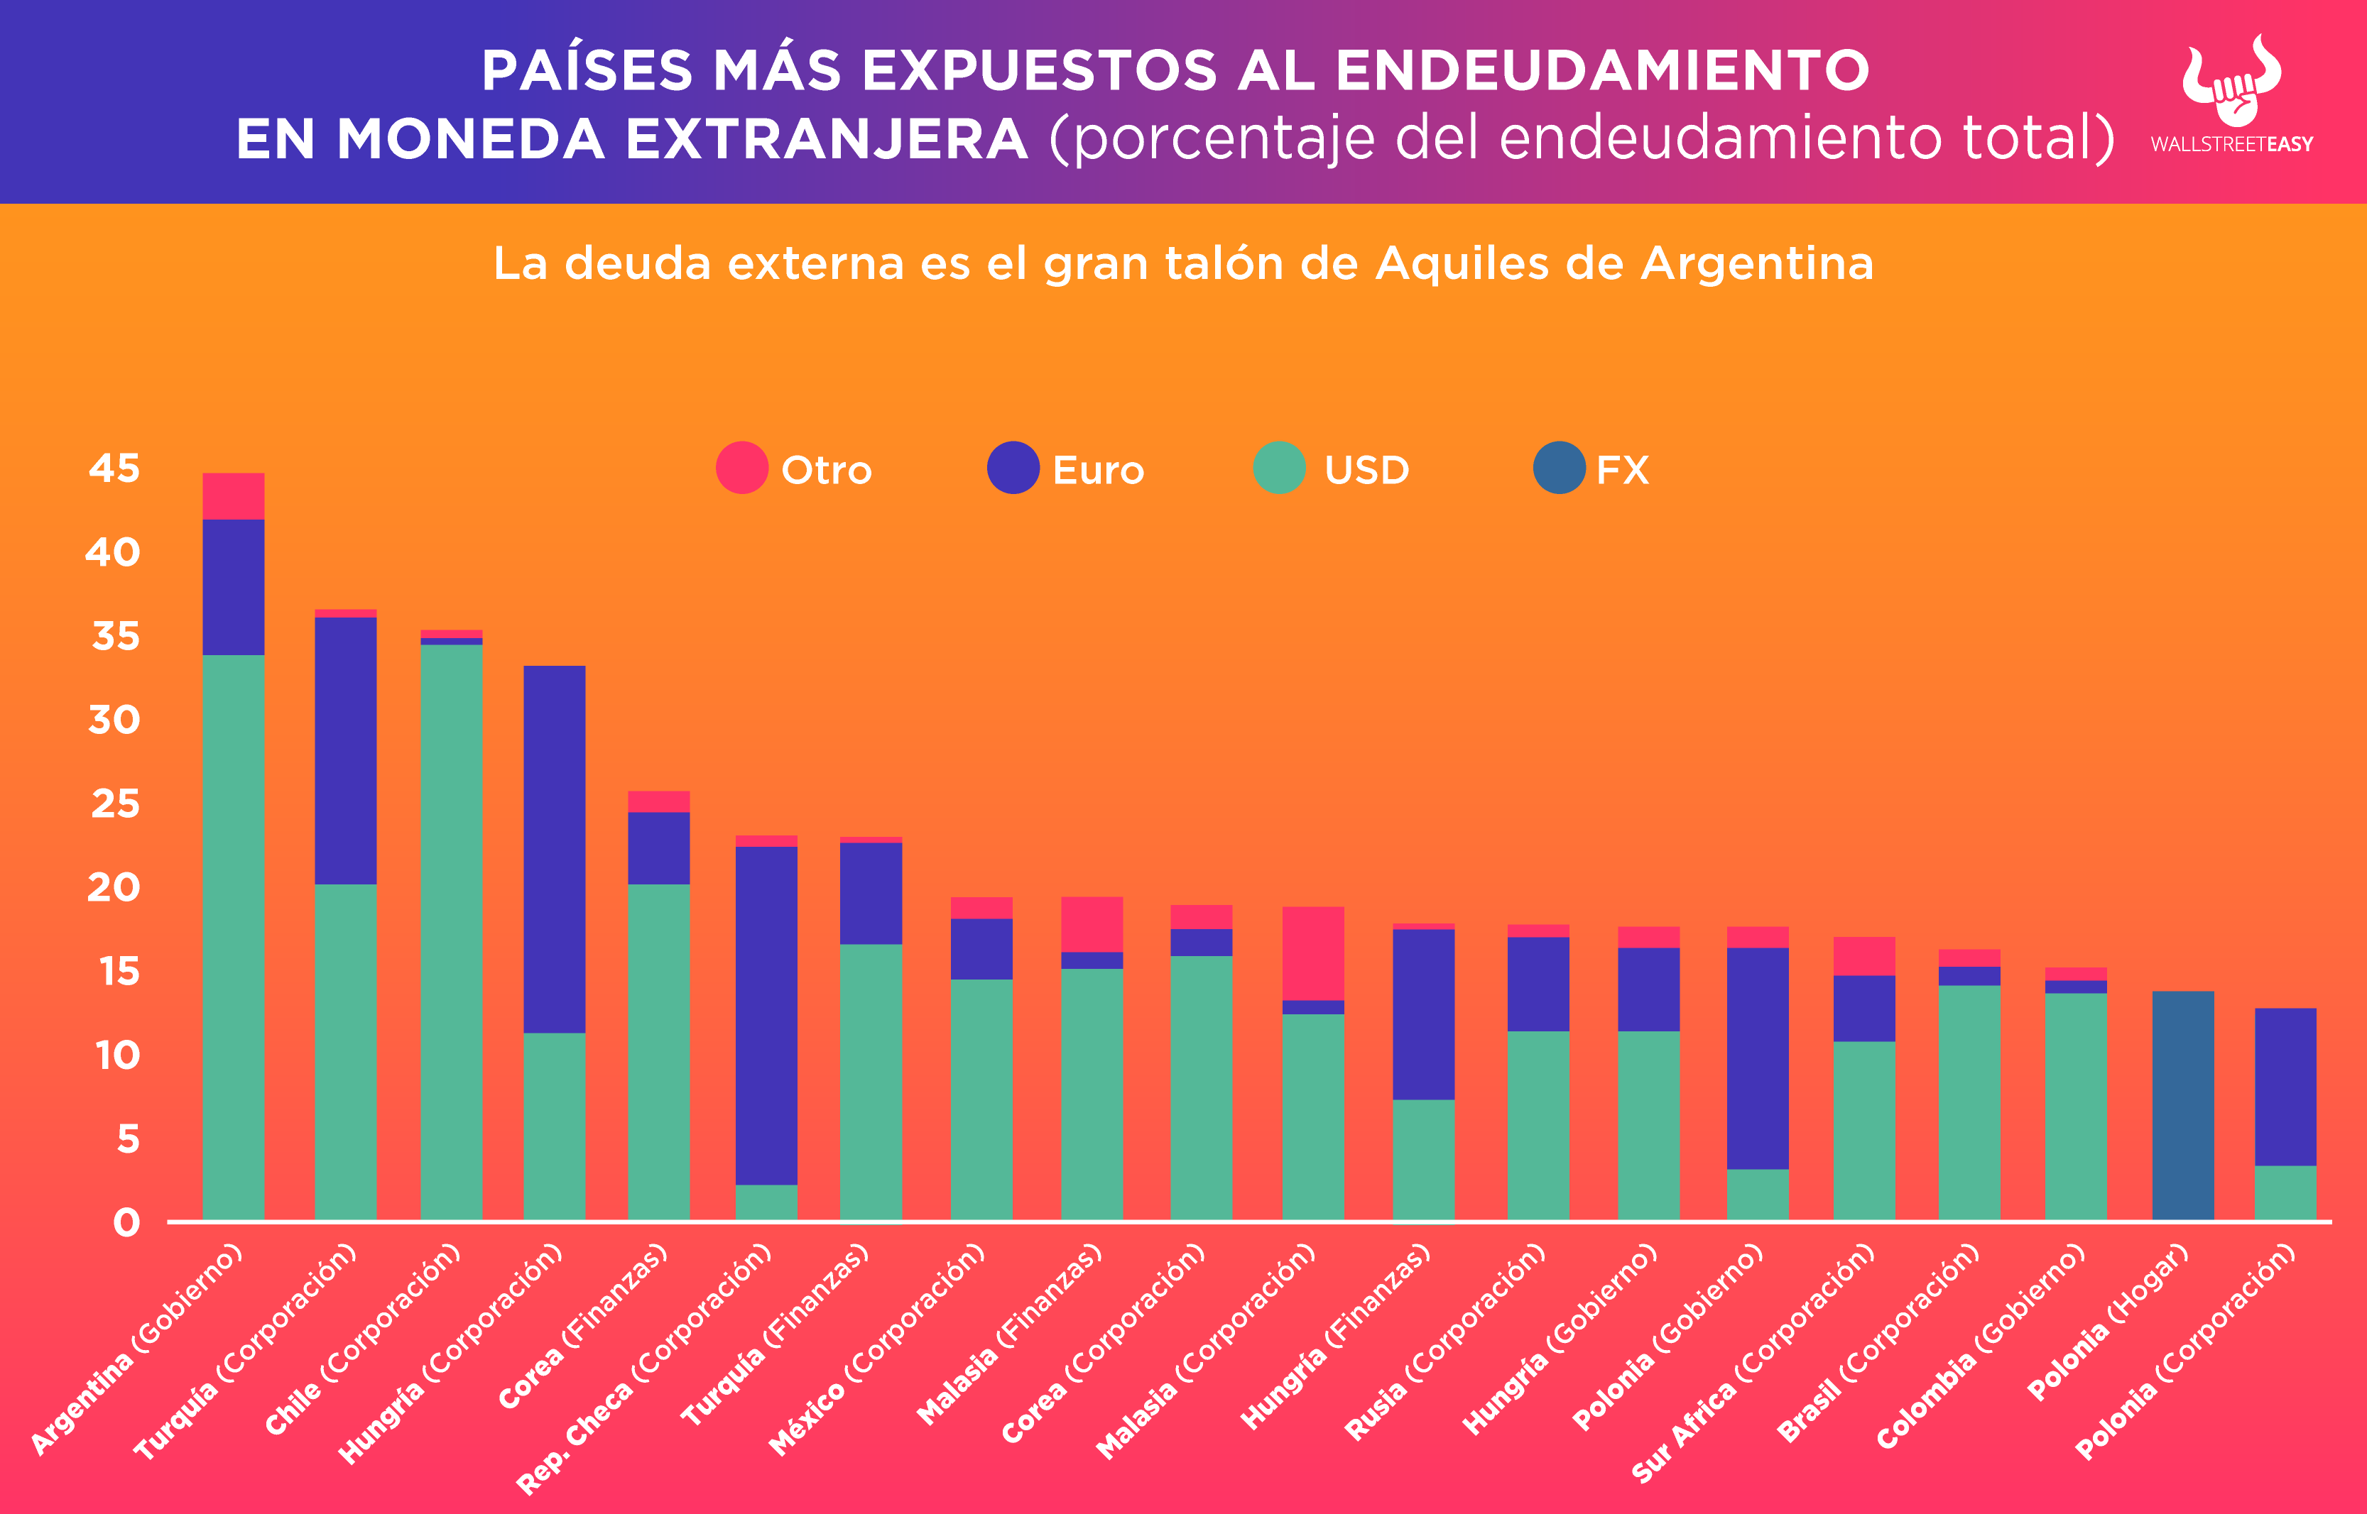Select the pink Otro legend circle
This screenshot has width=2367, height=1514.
741,468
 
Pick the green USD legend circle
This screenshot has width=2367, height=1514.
1280,468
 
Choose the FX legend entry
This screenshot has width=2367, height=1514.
1591,469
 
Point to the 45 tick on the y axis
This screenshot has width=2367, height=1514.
114,468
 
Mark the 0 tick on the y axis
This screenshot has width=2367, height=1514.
126,1223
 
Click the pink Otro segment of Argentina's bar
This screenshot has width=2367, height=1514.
233,495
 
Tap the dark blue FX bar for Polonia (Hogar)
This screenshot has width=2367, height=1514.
2182,1105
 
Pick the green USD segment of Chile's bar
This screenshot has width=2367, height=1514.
452,931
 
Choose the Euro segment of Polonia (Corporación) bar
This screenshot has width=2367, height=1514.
2285,1086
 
